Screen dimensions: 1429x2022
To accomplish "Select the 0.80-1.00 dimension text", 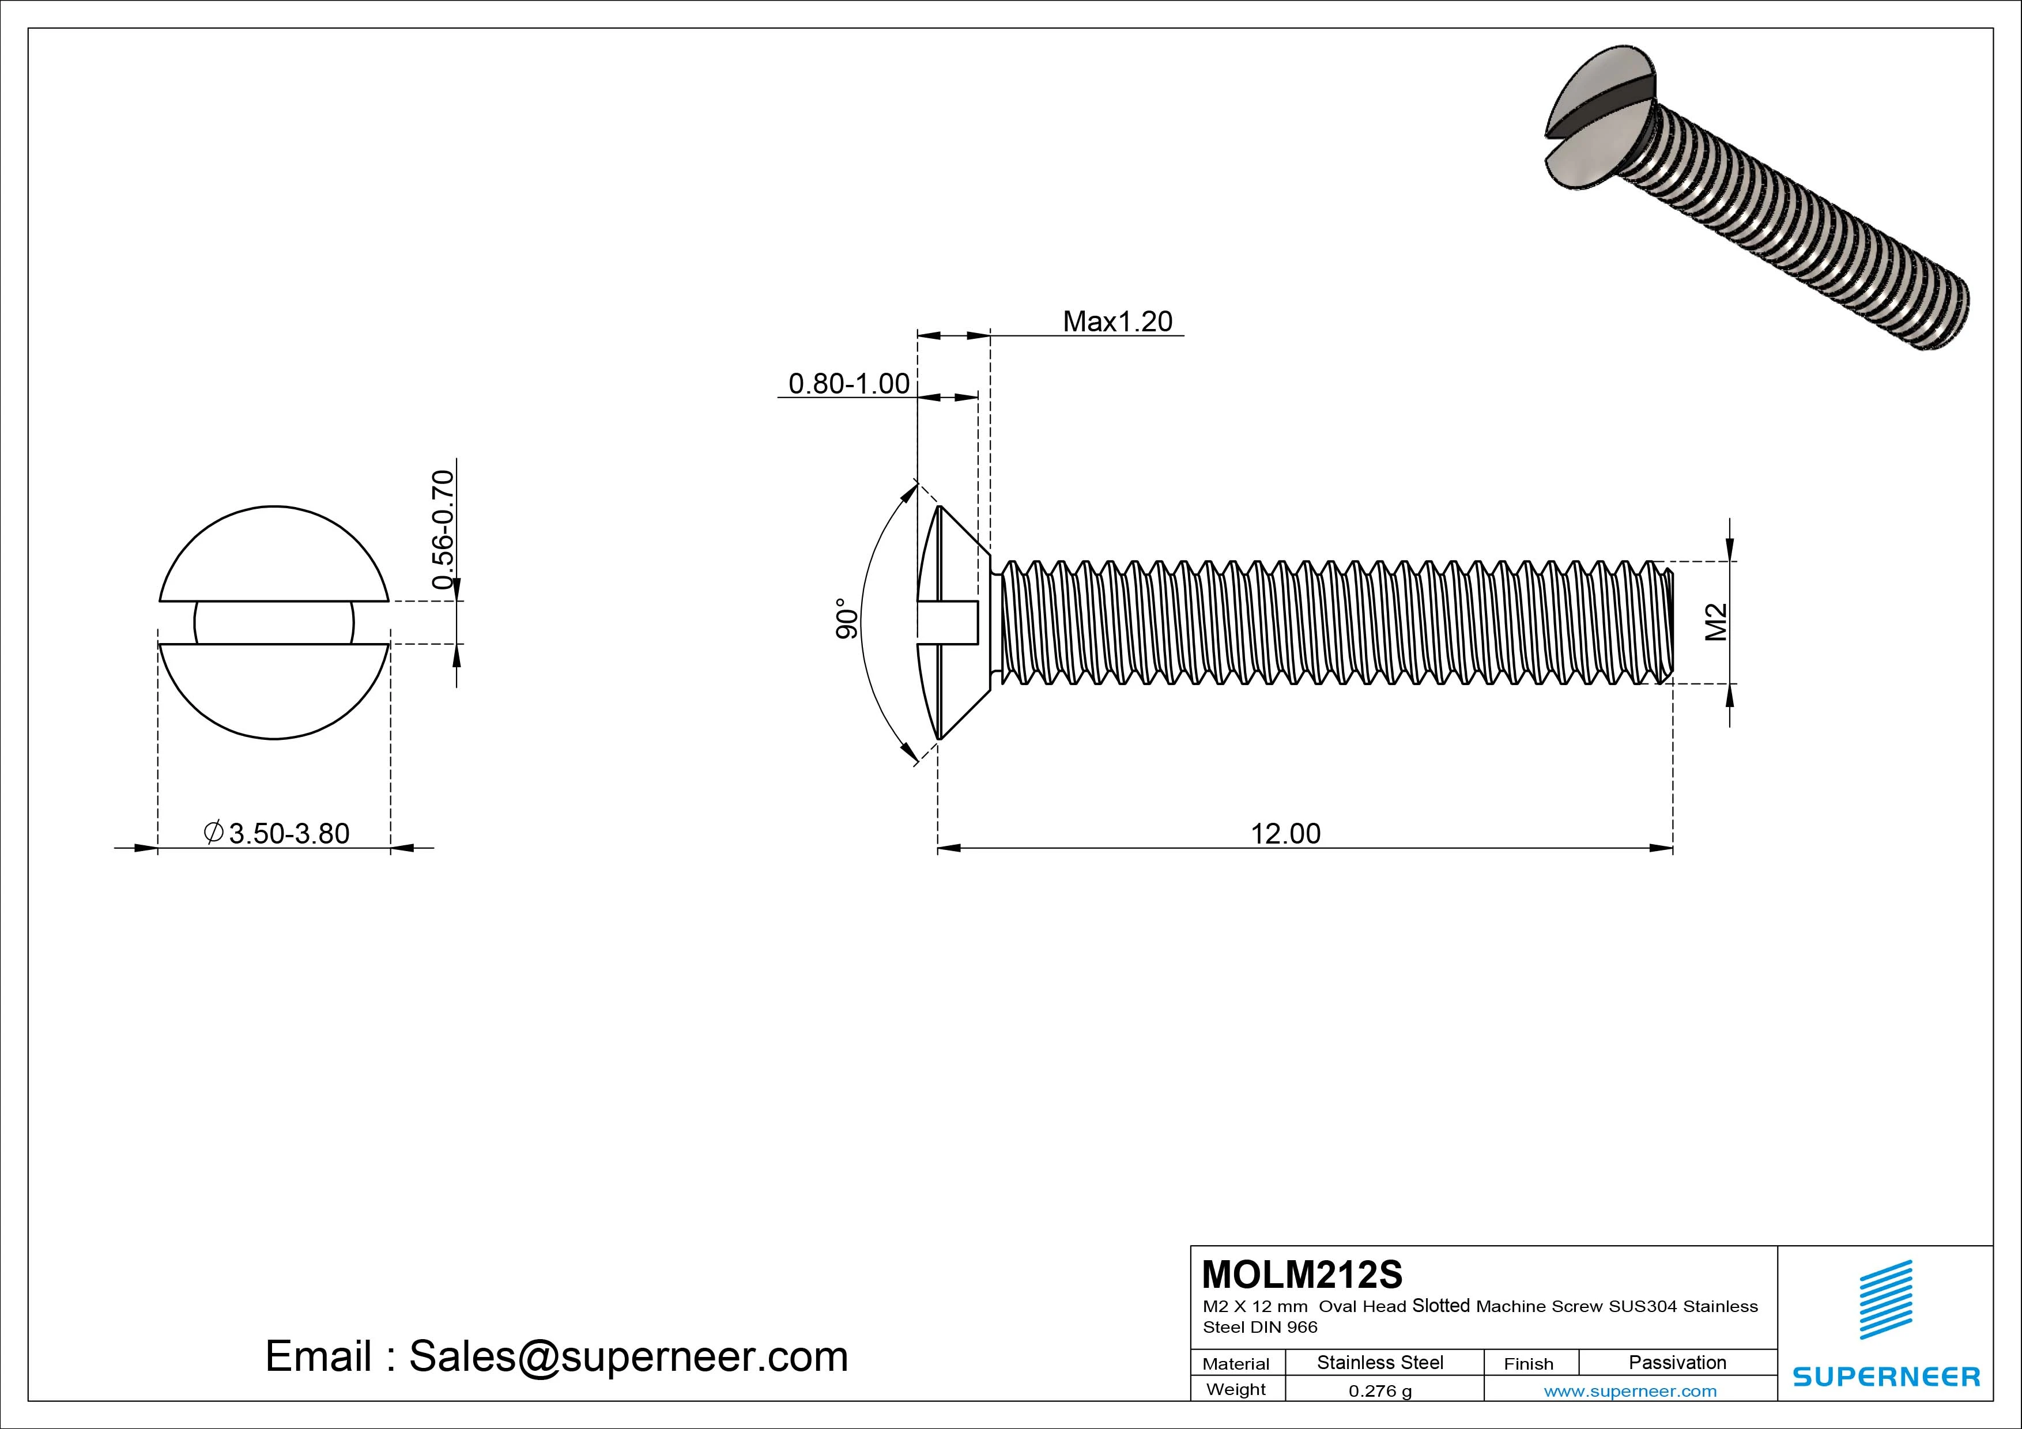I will (x=848, y=384).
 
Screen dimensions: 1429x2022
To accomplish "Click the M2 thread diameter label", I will (x=1715, y=622).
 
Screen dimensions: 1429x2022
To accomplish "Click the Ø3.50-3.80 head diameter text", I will (x=277, y=833).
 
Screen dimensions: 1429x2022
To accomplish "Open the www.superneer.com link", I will (x=1630, y=1391).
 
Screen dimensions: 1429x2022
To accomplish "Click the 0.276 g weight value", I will (x=1380, y=1391).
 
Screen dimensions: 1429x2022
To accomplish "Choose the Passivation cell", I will (x=1677, y=1362).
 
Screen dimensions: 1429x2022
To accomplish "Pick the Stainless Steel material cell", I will (x=1379, y=1362).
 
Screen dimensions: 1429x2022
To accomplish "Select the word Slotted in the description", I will (x=1441, y=1306).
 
